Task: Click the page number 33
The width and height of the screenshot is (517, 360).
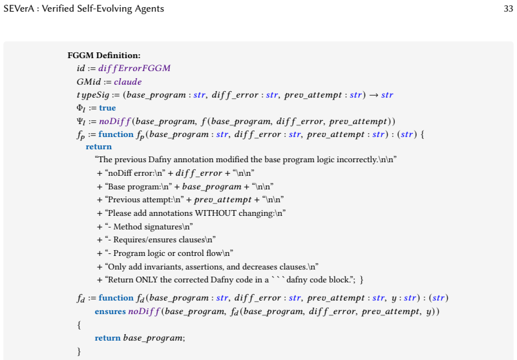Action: point(508,8)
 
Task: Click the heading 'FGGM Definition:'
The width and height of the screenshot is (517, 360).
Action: point(104,56)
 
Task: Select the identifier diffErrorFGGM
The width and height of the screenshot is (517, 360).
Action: point(134,69)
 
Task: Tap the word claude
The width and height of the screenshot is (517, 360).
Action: point(128,81)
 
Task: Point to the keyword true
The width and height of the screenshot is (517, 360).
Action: point(107,108)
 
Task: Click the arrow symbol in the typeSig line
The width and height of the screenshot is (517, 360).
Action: point(374,95)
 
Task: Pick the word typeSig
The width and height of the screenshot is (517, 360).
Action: point(92,95)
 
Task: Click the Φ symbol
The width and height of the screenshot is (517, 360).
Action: point(81,108)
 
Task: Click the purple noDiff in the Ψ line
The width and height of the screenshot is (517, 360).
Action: point(115,122)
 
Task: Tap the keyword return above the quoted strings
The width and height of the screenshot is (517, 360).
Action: point(99,147)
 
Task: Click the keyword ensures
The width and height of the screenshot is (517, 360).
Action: point(110,312)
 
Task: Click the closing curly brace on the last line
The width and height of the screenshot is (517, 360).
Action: point(79,352)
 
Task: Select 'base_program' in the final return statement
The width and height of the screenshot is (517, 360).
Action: point(153,338)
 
